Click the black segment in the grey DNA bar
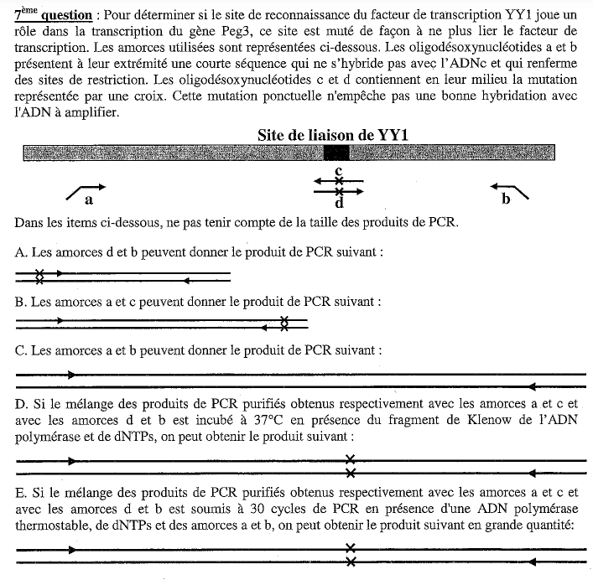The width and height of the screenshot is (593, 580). [336, 153]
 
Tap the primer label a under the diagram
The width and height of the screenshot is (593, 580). [88, 201]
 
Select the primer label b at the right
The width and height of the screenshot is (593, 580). [506, 199]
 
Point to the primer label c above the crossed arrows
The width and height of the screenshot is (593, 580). [338, 171]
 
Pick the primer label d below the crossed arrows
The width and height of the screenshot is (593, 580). [339, 202]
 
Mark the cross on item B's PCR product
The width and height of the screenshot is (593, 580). [284, 321]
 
